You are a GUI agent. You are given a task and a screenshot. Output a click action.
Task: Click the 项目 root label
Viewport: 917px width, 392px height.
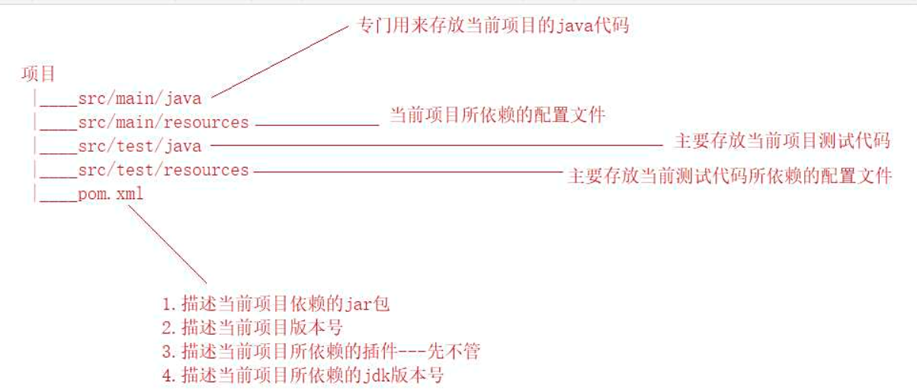[38, 74]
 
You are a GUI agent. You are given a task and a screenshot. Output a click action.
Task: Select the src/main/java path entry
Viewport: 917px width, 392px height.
[139, 98]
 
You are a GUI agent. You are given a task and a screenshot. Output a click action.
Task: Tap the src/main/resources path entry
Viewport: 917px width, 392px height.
[163, 122]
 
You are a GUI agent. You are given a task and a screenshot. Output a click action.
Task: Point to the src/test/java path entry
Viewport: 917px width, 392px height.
[139, 146]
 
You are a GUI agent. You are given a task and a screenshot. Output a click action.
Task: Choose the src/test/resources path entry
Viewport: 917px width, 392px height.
[163, 170]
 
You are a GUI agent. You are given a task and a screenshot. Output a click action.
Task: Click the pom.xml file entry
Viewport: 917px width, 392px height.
[111, 194]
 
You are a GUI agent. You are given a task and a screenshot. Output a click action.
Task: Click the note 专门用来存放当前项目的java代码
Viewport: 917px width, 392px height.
[494, 25]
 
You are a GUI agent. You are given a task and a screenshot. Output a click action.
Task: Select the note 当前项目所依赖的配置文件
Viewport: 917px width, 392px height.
[498, 115]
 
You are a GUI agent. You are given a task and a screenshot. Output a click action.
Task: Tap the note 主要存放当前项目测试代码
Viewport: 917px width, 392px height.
[782, 140]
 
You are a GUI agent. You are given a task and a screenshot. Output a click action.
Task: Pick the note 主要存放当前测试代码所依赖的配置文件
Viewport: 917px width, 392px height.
[729, 177]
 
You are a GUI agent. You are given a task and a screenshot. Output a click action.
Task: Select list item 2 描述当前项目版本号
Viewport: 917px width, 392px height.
[252, 328]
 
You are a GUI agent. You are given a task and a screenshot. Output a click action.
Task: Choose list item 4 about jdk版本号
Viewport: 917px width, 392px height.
[303, 375]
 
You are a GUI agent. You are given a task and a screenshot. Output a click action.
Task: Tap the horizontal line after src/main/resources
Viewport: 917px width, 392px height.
[316, 123]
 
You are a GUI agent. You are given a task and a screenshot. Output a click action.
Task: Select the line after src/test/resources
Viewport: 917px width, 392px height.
[407, 172]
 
